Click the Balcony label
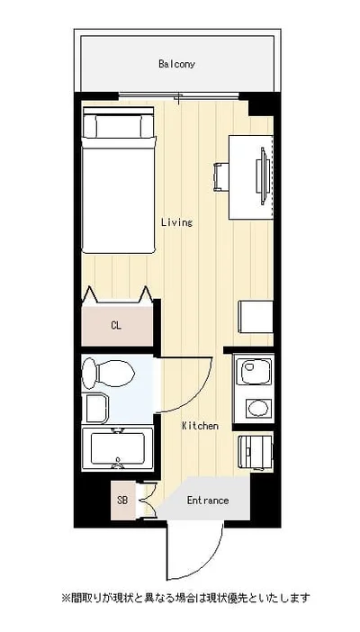[x=176, y=64]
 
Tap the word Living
[x=176, y=222]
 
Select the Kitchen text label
[x=200, y=426]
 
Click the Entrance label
[x=208, y=501]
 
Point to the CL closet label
[x=116, y=326]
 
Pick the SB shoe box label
[x=122, y=501]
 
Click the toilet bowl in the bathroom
[x=108, y=374]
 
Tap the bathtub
[x=117, y=448]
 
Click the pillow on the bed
[x=119, y=126]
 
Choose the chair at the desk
[x=220, y=176]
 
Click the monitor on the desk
[x=262, y=176]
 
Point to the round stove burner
[x=258, y=409]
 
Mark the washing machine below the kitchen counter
[x=256, y=451]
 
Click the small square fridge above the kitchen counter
[x=256, y=316]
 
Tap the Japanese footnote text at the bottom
[x=185, y=597]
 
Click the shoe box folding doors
[x=148, y=501]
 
